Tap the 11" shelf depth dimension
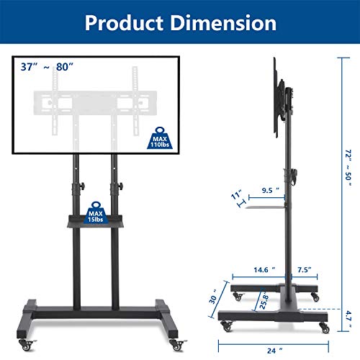(x=235, y=194)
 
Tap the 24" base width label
(x=270, y=351)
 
